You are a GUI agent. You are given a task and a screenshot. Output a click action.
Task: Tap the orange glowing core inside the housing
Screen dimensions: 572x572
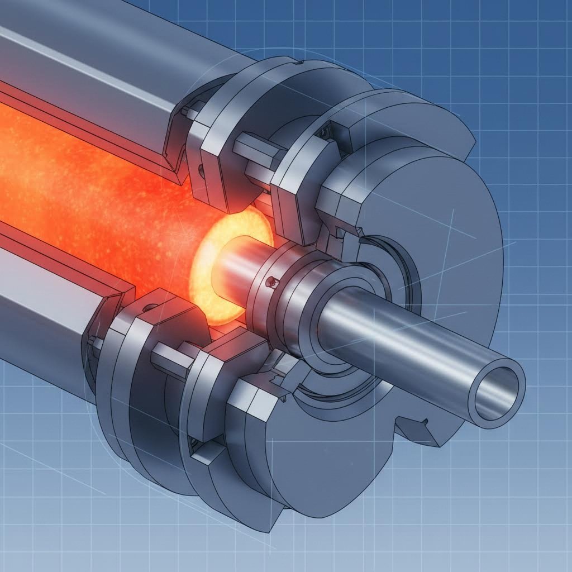point(84,184)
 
